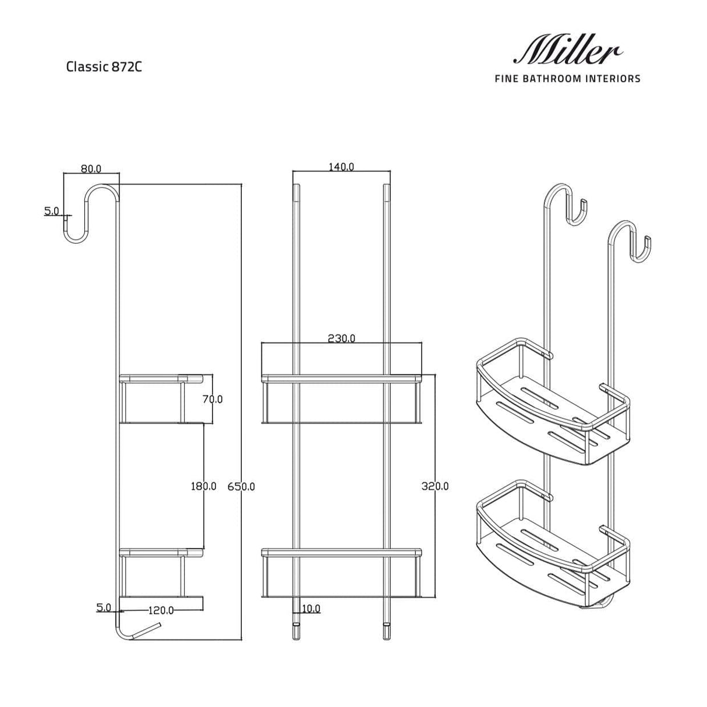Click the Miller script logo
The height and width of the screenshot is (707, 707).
click(566, 51)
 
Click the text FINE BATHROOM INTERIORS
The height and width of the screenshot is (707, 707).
click(567, 79)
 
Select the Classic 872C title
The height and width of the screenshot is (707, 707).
click(104, 66)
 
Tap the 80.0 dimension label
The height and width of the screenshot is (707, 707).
click(91, 169)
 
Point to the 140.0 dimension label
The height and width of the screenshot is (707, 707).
click(341, 167)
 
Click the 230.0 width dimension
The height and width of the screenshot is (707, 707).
click(341, 338)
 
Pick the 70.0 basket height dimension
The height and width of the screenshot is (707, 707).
click(213, 400)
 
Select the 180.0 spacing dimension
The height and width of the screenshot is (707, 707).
click(204, 486)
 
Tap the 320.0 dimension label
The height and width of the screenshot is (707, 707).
click(435, 486)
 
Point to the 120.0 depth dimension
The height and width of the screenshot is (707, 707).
click(161, 610)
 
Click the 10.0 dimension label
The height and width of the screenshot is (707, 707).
click(310, 609)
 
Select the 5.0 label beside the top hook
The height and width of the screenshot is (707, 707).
click(52, 211)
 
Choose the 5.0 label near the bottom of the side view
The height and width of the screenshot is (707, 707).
click(104, 607)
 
